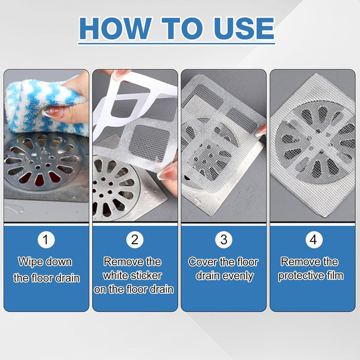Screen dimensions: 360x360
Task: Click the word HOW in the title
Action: pyautogui.click(x=115, y=28)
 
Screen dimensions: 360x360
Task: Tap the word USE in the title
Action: pyautogui.click(x=244, y=28)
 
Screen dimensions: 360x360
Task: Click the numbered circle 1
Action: pyautogui.click(x=46, y=240)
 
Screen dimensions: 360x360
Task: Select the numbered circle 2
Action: pyautogui.click(x=135, y=240)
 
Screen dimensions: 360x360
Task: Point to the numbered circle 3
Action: pyautogui.click(x=224, y=240)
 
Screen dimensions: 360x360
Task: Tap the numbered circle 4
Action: pyautogui.click(x=314, y=240)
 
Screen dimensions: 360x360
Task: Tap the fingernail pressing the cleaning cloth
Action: pyautogui.click(x=50, y=111)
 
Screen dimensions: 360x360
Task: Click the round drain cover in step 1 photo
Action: pyautogui.click(x=44, y=162)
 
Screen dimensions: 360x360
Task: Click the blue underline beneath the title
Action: pyautogui.click(x=176, y=43)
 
